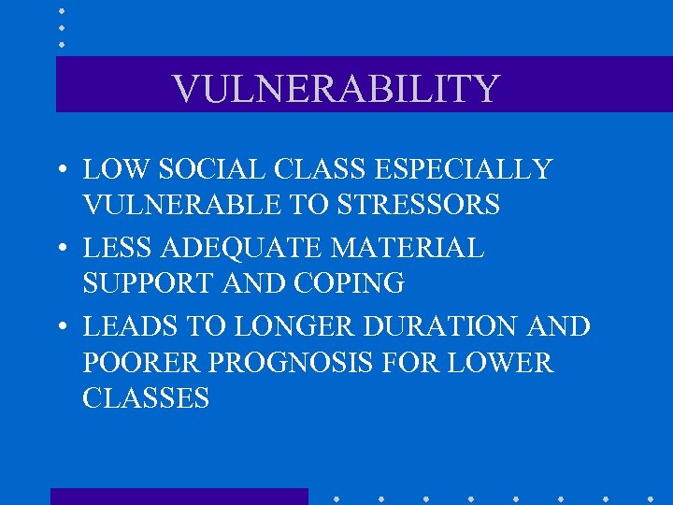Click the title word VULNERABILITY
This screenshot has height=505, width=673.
336,89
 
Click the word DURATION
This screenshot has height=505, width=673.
439,327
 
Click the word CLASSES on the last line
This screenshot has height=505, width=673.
146,398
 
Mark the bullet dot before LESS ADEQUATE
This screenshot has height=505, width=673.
60,250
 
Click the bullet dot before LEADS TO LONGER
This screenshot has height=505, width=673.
60,328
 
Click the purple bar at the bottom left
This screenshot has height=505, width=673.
179,497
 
